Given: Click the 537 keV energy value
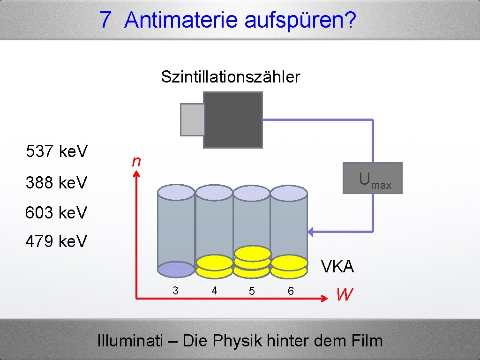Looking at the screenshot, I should (57, 152).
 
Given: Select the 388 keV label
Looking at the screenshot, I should (57, 182).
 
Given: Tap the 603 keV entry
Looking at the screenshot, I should (57, 213).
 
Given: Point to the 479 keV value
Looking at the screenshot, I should (57, 241).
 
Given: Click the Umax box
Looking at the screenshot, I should (373, 179).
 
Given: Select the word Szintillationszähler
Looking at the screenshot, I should (230, 77).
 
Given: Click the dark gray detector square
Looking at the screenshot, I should (233, 120).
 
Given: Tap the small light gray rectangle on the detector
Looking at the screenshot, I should (192, 120).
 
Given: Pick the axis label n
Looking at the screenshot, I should (136, 162).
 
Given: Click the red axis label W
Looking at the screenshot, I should (344, 295).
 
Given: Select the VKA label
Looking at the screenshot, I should (337, 267).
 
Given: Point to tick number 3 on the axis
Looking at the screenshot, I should (175, 291).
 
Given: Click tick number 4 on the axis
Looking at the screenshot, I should (214, 291).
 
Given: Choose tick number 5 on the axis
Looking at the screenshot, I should (252, 292).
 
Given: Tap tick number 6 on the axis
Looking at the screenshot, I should (291, 292).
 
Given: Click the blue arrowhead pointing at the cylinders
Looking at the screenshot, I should (311, 231).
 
